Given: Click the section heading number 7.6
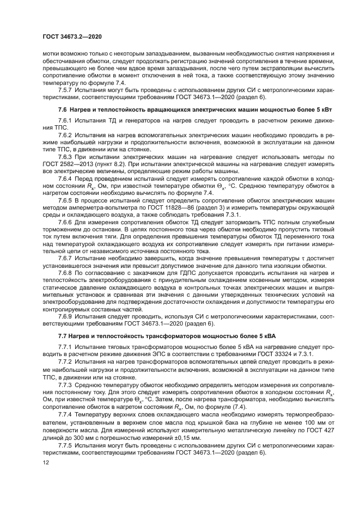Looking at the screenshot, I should [x=62, y=109].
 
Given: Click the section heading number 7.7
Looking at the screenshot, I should [x=62, y=336].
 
